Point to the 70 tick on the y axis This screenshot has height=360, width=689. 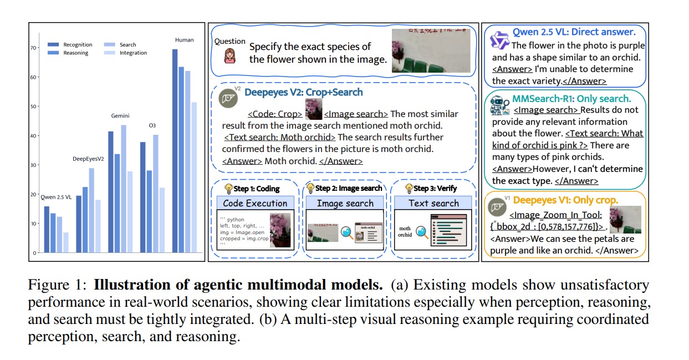coord(33,48)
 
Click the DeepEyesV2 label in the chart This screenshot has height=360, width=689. coord(89,159)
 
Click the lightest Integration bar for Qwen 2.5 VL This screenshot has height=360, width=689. coord(65,242)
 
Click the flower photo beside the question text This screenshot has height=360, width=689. coord(431,50)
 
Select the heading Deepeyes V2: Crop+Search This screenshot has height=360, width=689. coord(304,92)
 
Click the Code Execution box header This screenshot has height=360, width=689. coord(255,203)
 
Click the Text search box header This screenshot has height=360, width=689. coord(433,203)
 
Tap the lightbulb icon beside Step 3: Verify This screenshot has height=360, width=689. coord(410,189)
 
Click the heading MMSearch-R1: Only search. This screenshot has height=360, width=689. coord(571,99)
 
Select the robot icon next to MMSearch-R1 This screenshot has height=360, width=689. coord(499,105)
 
